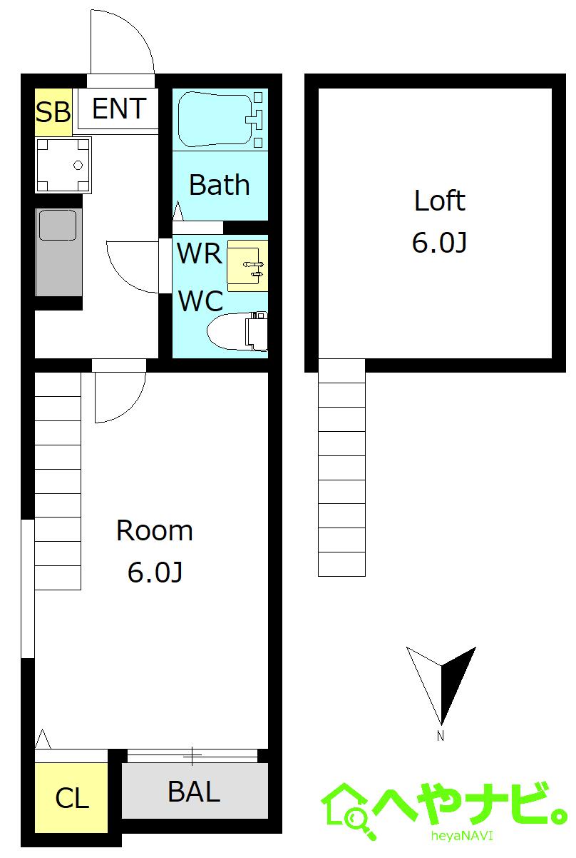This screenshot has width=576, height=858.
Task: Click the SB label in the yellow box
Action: tap(53, 112)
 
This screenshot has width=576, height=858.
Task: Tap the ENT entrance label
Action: tap(119, 108)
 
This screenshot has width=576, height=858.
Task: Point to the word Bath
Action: tap(220, 185)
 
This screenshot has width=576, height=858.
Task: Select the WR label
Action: tap(200, 253)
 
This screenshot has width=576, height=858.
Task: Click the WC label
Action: tap(201, 301)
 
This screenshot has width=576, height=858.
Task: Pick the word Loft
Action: tap(440, 200)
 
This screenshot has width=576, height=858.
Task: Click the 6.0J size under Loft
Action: tap(439, 242)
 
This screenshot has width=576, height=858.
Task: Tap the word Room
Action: tap(155, 531)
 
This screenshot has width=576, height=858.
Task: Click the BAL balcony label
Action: tap(194, 792)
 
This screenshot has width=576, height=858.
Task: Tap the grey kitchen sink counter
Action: tap(58, 252)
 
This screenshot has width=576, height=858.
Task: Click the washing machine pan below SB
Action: tap(63, 165)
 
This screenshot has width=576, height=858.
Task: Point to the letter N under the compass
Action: tap(441, 736)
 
